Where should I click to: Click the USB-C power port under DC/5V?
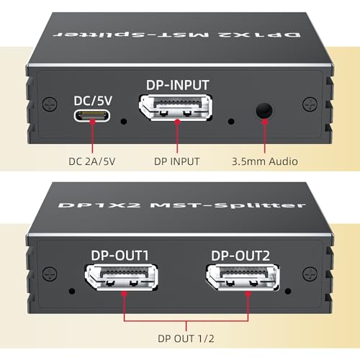pos(92,116)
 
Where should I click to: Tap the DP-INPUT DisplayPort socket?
pos(176,108)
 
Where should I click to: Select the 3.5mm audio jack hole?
pos(264,111)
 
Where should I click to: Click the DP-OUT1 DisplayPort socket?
pos(122,278)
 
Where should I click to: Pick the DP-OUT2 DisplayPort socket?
pos(243,278)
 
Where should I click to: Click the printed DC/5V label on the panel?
pos(93,101)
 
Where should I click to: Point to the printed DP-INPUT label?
pos(178,85)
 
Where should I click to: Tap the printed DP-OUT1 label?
pos(120,256)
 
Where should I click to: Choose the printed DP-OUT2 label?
pos(240,256)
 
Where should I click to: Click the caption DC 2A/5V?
pos(92,161)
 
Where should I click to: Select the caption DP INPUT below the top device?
pos(176,161)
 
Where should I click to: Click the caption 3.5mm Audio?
pos(265,161)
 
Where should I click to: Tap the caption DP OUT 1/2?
pos(186,338)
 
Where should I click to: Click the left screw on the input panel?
pos(50,104)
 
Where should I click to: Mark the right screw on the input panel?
pos(310,104)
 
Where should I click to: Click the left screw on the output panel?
pos(50,274)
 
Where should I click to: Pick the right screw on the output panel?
pos(310,274)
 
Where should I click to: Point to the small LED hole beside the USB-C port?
pos(124,122)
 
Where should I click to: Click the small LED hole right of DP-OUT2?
pos(288,292)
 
